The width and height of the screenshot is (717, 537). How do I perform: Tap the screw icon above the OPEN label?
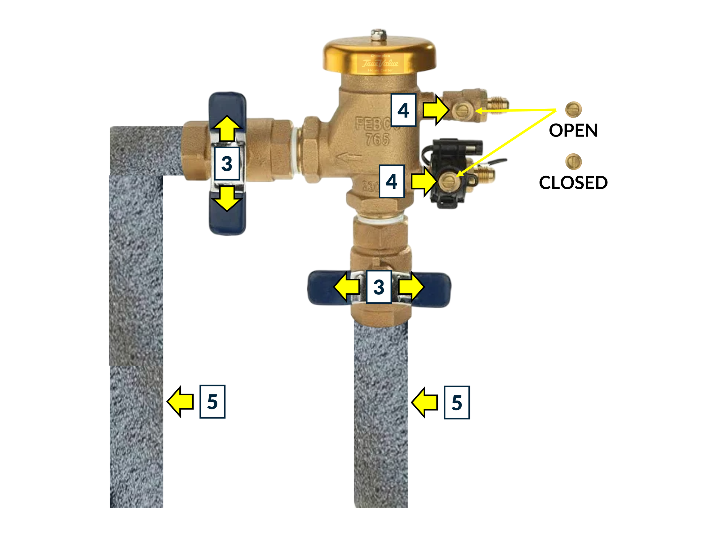click(573, 110)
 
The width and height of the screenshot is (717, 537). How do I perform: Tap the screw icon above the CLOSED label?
click(573, 161)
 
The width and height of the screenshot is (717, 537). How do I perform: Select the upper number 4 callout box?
click(403, 110)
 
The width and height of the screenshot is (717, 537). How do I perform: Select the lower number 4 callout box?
click(391, 181)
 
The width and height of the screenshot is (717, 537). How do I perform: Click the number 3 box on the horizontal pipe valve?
click(227, 163)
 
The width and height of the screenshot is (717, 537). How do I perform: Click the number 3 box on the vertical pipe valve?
click(379, 287)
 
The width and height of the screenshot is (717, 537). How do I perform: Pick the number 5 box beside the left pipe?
click(212, 402)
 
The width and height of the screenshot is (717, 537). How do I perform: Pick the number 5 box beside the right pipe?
click(456, 402)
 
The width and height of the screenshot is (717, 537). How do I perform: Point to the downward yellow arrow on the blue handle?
click(227, 198)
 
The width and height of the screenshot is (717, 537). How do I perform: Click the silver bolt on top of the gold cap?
click(379, 35)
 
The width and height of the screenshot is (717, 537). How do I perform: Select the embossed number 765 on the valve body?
click(377, 139)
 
